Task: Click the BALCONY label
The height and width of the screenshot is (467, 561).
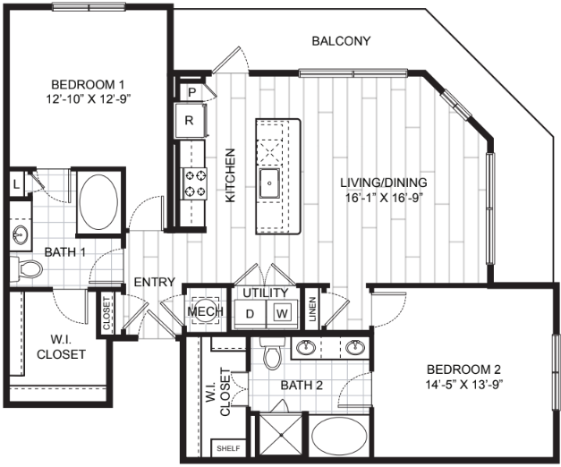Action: pyautogui.click(x=341, y=41)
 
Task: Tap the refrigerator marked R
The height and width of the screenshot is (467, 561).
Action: pyautogui.click(x=190, y=120)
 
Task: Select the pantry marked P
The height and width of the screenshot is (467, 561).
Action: pyautogui.click(x=191, y=92)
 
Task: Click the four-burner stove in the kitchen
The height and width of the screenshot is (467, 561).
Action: pyautogui.click(x=195, y=184)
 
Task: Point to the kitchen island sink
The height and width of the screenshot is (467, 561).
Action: pyautogui.click(x=270, y=183)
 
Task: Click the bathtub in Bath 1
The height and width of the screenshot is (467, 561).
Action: pyautogui.click(x=98, y=201)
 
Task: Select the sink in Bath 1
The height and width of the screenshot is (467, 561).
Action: pyautogui.click(x=20, y=236)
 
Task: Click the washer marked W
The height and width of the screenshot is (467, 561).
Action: pyautogui.click(x=282, y=313)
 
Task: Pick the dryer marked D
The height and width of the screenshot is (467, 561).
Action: pyautogui.click(x=251, y=314)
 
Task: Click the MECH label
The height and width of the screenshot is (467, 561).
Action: pyautogui.click(x=206, y=311)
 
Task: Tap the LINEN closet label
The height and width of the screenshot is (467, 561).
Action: pyautogui.click(x=313, y=310)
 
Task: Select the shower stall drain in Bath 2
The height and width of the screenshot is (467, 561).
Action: pyautogui.click(x=282, y=435)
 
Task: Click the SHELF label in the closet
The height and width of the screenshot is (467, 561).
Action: pyautogui.click(x=228, y=448)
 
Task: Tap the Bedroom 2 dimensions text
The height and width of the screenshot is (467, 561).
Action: pyautogui.click(x=464, y=385)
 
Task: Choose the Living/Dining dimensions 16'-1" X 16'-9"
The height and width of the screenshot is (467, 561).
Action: pyautogui.click(x=382, y=198)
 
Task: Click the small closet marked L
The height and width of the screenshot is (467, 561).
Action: pyautogui.click(x=16, y=184)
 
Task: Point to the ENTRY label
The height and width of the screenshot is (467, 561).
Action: pyautogui.click(x=154, y=282)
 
